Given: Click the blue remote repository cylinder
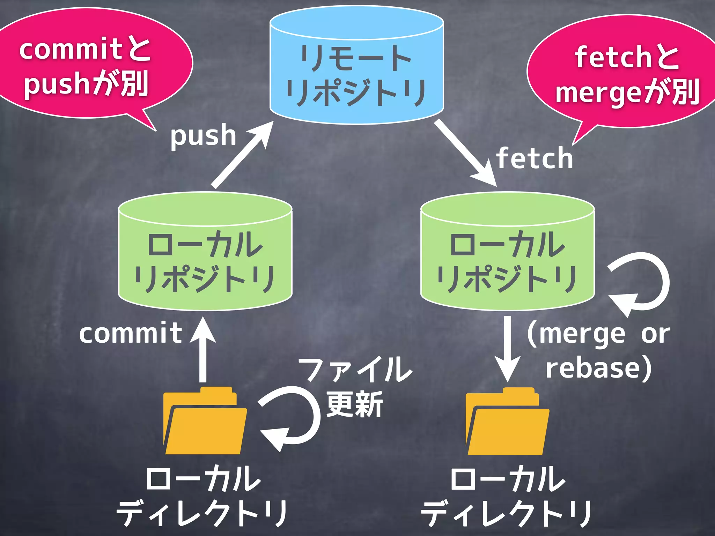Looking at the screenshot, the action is [x=356, y=66].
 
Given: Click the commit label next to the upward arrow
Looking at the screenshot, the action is [x=131, y=333].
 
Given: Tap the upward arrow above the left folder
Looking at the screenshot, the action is [x=203, y=349].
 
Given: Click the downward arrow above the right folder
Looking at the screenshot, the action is [x=508, y=349].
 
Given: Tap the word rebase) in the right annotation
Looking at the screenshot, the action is [x=598, y=368].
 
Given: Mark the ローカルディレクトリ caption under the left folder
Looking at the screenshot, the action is [x=202, y=496].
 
